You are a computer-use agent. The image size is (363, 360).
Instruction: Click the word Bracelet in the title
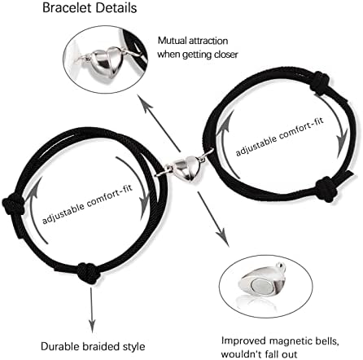[68, 7]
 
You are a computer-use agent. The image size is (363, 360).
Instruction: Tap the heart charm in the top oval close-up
[107, 60]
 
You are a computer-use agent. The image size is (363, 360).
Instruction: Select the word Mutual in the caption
[173, 41]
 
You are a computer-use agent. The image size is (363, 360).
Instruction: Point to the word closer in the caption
[226, 55]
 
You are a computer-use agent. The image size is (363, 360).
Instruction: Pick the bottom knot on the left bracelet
[88, 273]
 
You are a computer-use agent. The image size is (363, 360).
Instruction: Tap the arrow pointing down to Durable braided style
[92, 310]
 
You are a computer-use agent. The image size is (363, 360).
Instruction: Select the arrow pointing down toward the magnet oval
[213, 219]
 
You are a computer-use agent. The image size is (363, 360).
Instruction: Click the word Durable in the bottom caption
[59, 347]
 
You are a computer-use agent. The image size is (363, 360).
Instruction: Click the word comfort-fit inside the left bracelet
[110, 196]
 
